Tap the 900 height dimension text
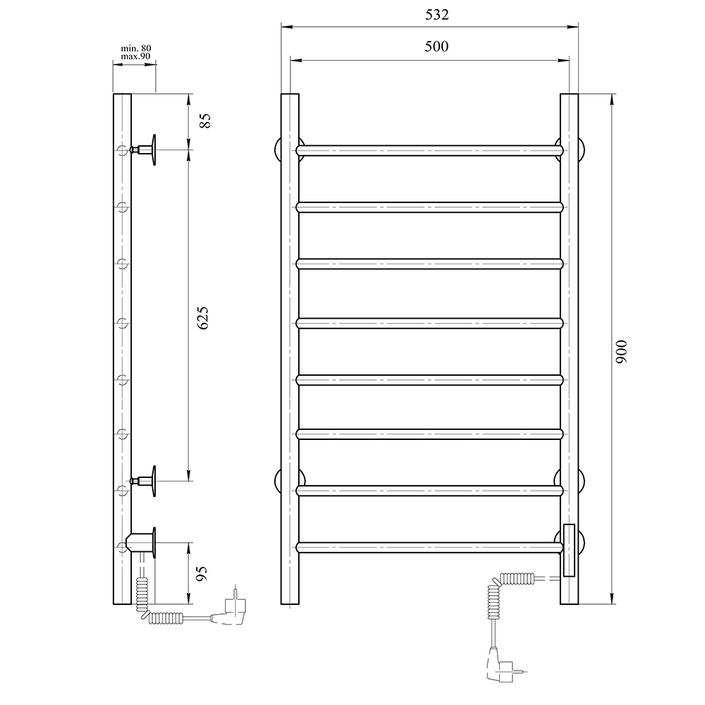[621, 351]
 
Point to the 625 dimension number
[202, 319]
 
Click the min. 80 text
[136, 48]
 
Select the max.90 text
[136, 56]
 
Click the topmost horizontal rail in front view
[430, 150]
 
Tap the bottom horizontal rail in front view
[430, 547]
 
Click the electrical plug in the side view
[235, 608]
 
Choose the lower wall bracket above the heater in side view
[147, 482]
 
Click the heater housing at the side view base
[141, 544]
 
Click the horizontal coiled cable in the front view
[518, 579]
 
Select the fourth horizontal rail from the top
[430, 324]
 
